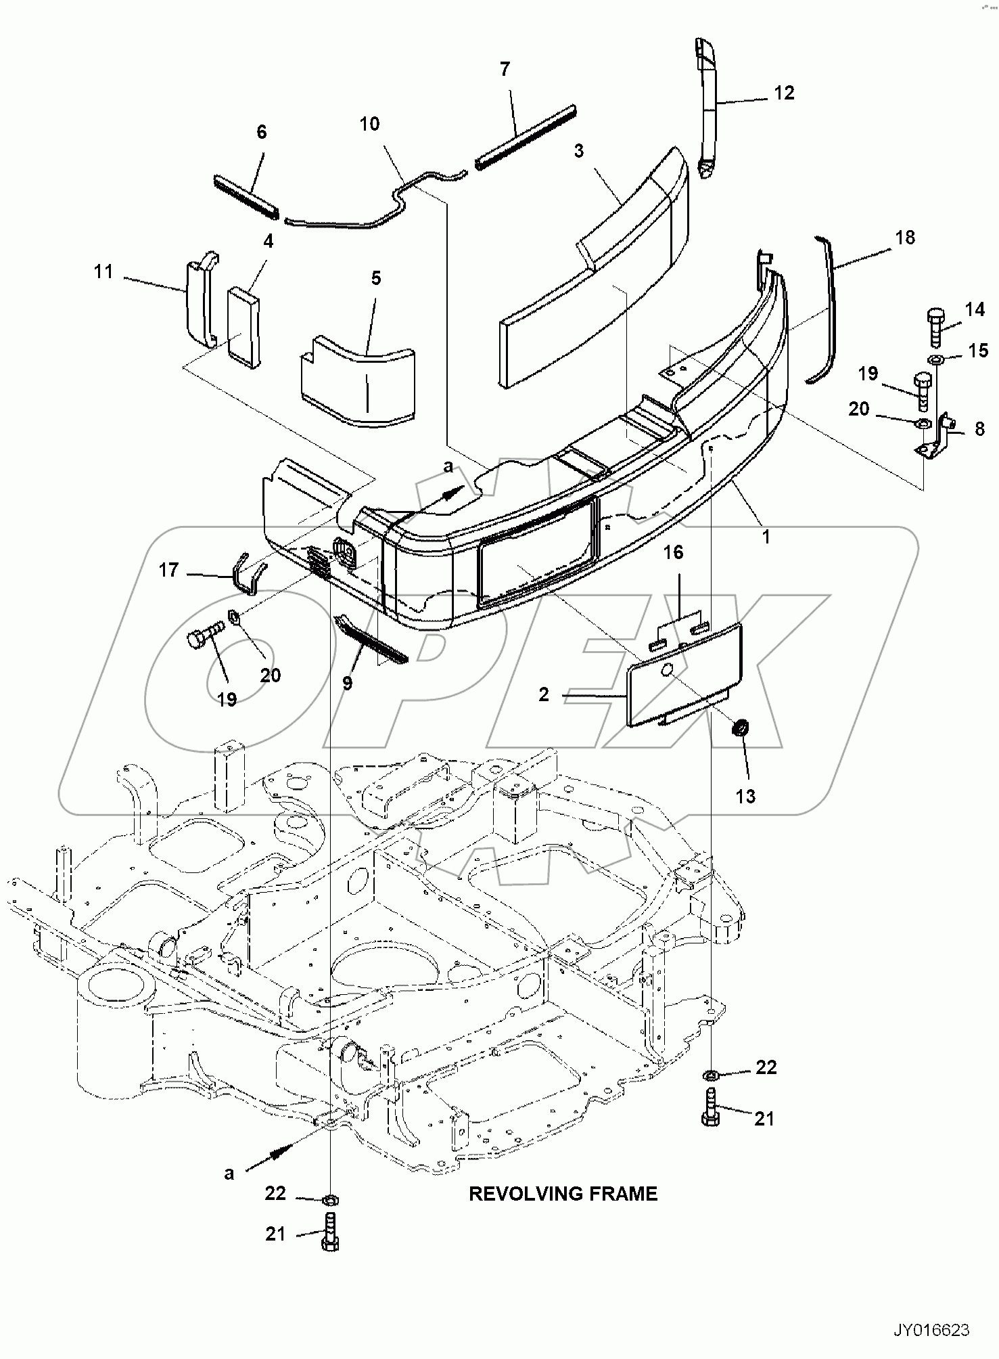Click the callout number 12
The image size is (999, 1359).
click(784, 93)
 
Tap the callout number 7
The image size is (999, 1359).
click(505, 69)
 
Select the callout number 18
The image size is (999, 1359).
click(904, 238)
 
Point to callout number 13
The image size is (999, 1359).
click(745, 796)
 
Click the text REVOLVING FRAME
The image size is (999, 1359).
click(563, 1193)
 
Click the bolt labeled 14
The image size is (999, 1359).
click(935, 326)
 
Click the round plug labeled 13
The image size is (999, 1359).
click(741, 728)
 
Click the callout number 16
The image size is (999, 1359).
click(673, 552)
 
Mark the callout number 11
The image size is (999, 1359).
click(103, 272)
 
